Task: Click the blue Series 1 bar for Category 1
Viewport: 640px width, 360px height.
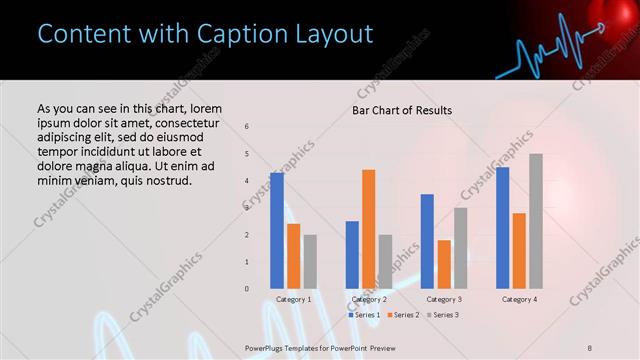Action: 277,231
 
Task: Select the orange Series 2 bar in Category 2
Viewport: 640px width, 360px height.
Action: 369,229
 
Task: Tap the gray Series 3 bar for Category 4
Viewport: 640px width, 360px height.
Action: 536,221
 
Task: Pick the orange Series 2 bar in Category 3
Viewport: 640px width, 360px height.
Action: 445,264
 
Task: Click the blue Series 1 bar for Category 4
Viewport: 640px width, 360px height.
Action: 502,228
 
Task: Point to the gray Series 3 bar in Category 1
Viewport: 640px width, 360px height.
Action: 310,262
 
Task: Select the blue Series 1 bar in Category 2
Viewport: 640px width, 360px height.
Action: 352,255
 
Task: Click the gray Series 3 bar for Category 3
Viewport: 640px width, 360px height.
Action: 461,248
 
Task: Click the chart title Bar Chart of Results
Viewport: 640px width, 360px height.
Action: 402,110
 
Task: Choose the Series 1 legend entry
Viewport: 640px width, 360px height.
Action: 365,315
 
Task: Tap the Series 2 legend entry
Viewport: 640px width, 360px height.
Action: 404,315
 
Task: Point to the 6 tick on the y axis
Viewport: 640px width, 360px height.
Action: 247,127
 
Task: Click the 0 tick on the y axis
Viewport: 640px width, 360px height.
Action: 247,289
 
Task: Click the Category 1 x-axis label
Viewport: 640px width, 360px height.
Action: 293,299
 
